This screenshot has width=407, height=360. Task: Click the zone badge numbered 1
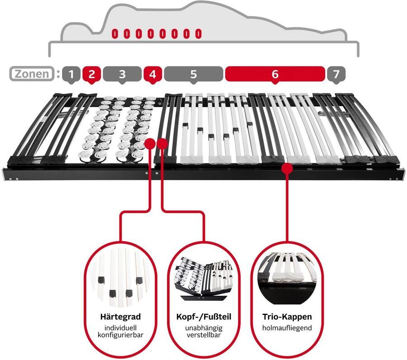pyautogui.click(x=71, y=75)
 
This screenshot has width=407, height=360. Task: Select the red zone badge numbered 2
pyautogui.click(x=91, y=75)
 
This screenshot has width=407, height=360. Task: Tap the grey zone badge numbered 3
pyautogui.click(x=122, y=75)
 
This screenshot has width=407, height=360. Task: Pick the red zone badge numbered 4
pyautogui.click(x=153, y=75)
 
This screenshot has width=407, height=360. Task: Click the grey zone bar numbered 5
pyautogui.click(x=194, y=75)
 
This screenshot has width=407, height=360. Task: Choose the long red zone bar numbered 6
pyautogui.click(x=275, y=75)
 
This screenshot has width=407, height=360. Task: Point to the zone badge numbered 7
pyautogui.click(x=336, y=75)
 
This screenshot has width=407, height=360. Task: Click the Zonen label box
pyautogui.click(x=32, y=74)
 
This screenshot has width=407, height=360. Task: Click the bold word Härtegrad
pyautogui.click(x=120, y=317)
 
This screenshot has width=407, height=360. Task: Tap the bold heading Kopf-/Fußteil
pyautogui.click(x=204, y=317)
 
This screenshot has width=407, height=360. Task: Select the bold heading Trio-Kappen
pyautogui.click(x=287, y=317)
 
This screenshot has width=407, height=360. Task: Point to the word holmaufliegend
pyautogui.click(x=287, y=328)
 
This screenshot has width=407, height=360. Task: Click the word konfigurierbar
pyautogui.click(x=120, y=335)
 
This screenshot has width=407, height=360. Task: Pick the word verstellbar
pyautogui.click(x=204, y=335)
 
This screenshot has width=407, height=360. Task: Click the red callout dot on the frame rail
pyautogui.click(x=287, y=168)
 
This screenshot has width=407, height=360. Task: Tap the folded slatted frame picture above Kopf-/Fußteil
pyautogui.click(x=204, y=279)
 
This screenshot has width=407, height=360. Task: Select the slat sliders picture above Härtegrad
pyautogui.click(x=120, y=278)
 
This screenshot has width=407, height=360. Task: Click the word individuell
pyautogui.click(x=120, y=328)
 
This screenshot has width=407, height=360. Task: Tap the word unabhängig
pyautogui.click(x=204, y=328)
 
